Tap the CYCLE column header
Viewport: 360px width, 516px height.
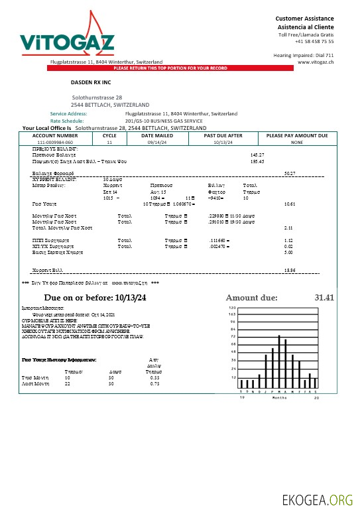109,135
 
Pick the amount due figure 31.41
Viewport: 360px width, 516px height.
325,298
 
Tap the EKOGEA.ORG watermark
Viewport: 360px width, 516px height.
318,499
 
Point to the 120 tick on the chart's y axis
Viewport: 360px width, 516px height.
232,308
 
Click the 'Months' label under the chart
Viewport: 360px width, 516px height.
279,397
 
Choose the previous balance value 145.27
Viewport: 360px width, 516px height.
257,155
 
